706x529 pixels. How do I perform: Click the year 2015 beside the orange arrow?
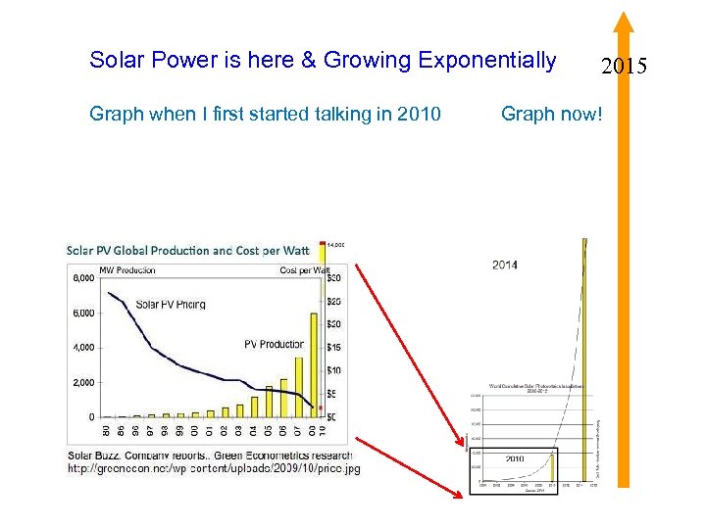click(x=625, y=68)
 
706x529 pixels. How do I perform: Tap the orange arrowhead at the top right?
click(x=623, y=22)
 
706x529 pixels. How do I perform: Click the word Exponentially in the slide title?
click(x=486, y=60)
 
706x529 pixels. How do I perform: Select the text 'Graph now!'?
click(x=551, y=115)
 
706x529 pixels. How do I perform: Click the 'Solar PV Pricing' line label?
click(x=171, y=304)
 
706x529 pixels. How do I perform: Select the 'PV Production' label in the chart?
click(x=274, y=344)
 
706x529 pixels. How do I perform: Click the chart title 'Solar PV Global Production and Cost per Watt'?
click(x=187, y=250)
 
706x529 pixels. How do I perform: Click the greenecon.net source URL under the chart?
click(x=213, y=469)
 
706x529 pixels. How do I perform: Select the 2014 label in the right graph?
click(x=505, y=264)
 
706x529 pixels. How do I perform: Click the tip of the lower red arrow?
click(x=460, y=496)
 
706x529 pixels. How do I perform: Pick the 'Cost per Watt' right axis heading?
click(x=303, y=269)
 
